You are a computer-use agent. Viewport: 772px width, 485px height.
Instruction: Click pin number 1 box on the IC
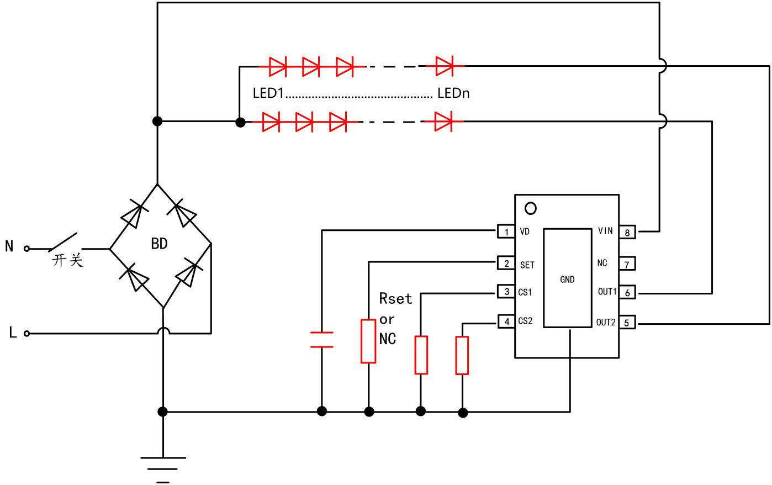[506, 231]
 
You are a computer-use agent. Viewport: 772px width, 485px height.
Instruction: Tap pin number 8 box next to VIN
[627, 232]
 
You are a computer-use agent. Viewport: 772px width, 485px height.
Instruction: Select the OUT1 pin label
[607, 292]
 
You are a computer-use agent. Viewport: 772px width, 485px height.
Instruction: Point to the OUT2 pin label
[606, 323]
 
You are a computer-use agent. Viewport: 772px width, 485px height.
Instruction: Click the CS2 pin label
[525, 321]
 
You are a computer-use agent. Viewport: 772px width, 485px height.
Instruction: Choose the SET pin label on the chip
[527, 265]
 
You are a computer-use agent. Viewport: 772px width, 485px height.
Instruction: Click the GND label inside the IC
[567, 280]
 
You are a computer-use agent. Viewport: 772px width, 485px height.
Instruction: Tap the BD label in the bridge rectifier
[159, 244]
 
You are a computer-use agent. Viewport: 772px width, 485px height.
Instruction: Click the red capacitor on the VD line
[322, 339]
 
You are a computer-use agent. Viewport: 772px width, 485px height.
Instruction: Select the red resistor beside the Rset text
[368, 341]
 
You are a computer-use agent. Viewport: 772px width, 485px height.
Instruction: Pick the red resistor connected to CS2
[462, 355]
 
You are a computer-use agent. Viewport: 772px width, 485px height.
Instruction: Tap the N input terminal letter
[9, 246]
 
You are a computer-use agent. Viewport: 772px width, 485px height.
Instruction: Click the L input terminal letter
[13, 333]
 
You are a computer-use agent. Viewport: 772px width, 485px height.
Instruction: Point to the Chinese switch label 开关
[68, 260]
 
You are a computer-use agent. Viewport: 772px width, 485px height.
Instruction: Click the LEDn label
[453, 93]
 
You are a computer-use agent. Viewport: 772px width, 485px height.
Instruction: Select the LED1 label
[268, 93]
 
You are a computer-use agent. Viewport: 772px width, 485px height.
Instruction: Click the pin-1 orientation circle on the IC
[531, 208]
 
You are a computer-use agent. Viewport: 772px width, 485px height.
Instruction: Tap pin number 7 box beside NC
[627, 264]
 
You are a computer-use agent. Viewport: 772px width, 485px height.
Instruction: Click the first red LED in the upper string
[277, 66]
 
